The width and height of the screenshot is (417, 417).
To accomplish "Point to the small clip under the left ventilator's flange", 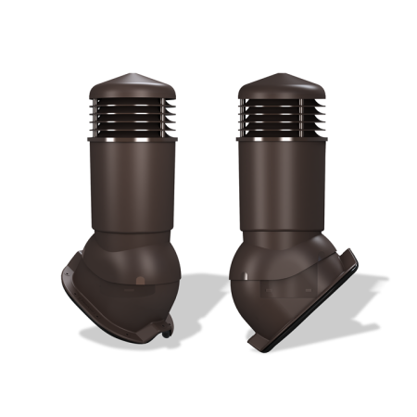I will pyautogui.click(x=167, y=325).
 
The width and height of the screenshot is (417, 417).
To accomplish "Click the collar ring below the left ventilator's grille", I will pyautogui.click(x=129, y=140).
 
